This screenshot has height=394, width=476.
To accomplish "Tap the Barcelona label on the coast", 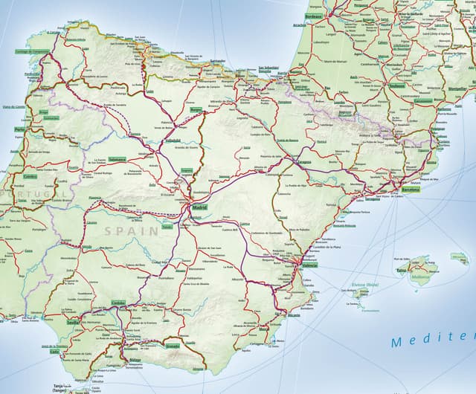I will pos(411,190).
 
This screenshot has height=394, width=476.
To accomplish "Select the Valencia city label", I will pos(309,265).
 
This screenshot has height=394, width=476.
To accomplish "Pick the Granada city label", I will pos(172,346).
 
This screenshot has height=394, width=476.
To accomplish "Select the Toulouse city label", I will pos(396,85).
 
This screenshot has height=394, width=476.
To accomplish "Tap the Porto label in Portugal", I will pos(20,129).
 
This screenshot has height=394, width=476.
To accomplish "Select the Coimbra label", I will pos(30,176).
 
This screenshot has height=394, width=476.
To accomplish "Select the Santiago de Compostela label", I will pos(33,51).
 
